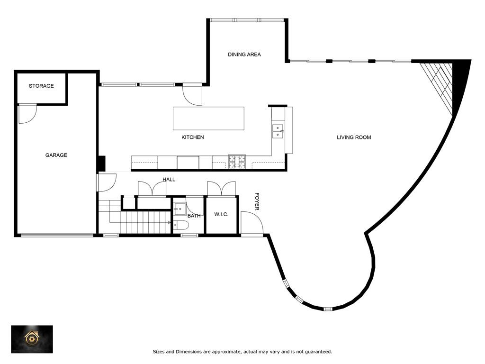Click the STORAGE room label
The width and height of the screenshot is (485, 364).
(x=41, y=86)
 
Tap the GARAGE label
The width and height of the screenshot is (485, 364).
(x=56, y=155)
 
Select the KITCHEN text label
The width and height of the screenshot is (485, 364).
(x=193, y=137)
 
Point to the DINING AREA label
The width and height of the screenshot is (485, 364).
(x=244, y=55)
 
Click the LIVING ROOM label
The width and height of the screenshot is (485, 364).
(x=354, y=137)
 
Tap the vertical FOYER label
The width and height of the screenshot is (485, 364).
(x=257, y=201)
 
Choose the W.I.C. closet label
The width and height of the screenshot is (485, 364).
(x=221, y=215)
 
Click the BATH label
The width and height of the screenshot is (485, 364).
(x=194, y=216)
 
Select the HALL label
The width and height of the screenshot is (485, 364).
(x=169, y=180)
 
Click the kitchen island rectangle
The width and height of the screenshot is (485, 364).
(x=208, y=118)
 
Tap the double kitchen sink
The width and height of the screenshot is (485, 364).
(x=278, y=131)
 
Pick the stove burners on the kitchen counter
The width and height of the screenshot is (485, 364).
(x=237, y=162)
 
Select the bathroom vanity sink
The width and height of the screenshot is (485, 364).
(x=180, y=209)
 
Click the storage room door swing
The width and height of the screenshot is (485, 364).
(x=27, y=114)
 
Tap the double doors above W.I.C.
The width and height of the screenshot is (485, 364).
(x=221, y=188)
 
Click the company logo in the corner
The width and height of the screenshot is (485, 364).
(x=32, y=339)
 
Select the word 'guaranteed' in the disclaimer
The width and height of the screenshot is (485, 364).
(x=318, y=352)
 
